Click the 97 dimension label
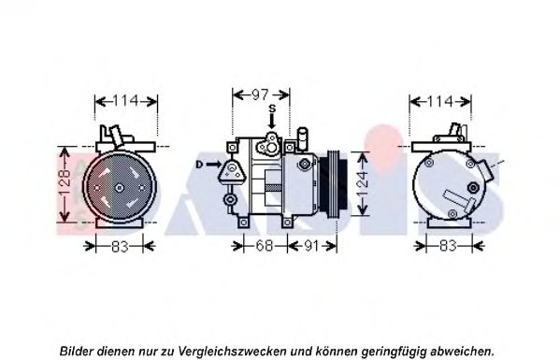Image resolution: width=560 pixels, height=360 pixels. click(x=260, y=94)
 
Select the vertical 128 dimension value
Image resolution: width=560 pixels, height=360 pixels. click(x=64, y=183)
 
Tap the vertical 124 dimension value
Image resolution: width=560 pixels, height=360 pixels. click(x=362, y=184)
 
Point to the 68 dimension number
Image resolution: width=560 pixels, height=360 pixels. click(x=265, y=246)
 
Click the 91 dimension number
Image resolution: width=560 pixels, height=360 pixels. click(x=311, y=246)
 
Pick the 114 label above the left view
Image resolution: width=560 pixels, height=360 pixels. click(x=125, y=101)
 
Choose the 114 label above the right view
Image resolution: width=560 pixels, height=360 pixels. click(x=440, y=101)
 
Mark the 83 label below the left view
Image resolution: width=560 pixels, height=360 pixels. click(x=120, y=246)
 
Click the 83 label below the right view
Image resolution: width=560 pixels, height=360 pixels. click(x=448, y=246)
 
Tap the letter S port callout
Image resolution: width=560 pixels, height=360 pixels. click(x=272, y=108)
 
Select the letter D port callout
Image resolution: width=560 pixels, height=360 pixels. click(x=199, y=165)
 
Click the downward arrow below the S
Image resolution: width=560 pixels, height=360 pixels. click(x=272, y=121)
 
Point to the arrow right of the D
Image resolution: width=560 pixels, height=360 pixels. click(x=213, y=165)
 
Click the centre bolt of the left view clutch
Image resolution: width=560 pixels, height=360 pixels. click(x=119, y=188)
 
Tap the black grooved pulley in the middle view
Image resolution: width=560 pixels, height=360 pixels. click(x=333, y=184)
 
